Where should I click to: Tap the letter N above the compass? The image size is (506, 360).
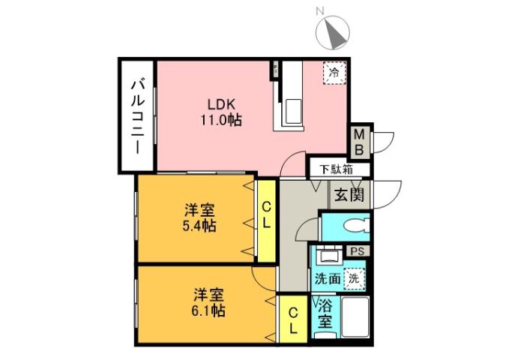tap(319, 11)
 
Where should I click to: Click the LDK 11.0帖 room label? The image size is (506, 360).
tap(220, 112)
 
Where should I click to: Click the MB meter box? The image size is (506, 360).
tap(360, 142)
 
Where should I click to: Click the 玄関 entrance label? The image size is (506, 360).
tap(349, 196)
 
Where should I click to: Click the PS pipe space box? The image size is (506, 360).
tap(355, 252)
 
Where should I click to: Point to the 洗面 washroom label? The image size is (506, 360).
tap(328, 279)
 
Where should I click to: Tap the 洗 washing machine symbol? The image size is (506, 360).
tap(354, 277)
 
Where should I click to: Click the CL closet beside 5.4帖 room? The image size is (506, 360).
tap(266, 217)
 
